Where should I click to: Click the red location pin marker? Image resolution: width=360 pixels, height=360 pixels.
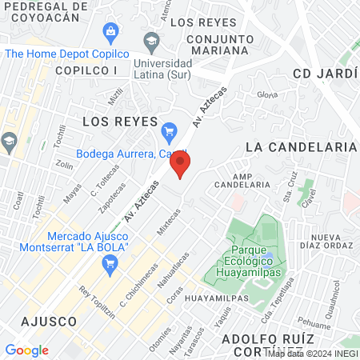pos(181,164)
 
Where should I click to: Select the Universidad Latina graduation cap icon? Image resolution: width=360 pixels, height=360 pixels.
pos(150,40)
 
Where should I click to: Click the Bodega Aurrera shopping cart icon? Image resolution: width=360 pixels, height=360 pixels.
pos(169,130)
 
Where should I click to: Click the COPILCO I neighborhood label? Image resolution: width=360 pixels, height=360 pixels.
pos(86,70)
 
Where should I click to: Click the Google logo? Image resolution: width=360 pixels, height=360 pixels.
pos(26,350)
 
